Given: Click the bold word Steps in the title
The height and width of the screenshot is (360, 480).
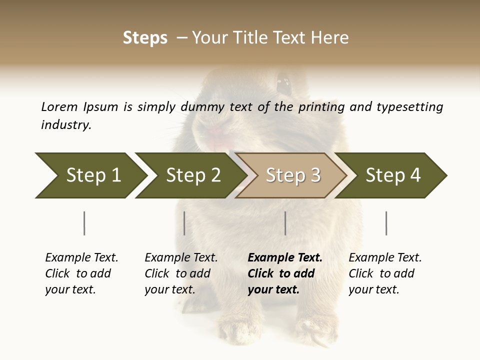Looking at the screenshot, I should click(x=145, y=38).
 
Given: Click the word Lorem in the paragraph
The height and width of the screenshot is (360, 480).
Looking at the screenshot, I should click(x=59, y=107).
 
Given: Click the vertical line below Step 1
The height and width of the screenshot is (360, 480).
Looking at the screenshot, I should click(x=84, y=223).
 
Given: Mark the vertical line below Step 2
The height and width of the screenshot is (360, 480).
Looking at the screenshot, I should click(x=184, y=223).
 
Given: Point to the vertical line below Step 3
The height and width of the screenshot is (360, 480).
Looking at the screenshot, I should click(x=285, y=223).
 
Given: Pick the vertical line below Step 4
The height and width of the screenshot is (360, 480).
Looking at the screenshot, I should click(x=386, y=223).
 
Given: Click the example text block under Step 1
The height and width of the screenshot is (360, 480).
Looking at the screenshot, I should click(x=81, y=273).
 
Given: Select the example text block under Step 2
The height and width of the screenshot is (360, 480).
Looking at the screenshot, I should click(x=181, y=273).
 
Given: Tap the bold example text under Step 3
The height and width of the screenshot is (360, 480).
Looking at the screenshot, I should click(x=285, y=273).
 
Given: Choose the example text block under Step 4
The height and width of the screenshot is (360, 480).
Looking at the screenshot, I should click(x=385, y=273).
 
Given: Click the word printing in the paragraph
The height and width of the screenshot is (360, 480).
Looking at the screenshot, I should click(x=322, y=107).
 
